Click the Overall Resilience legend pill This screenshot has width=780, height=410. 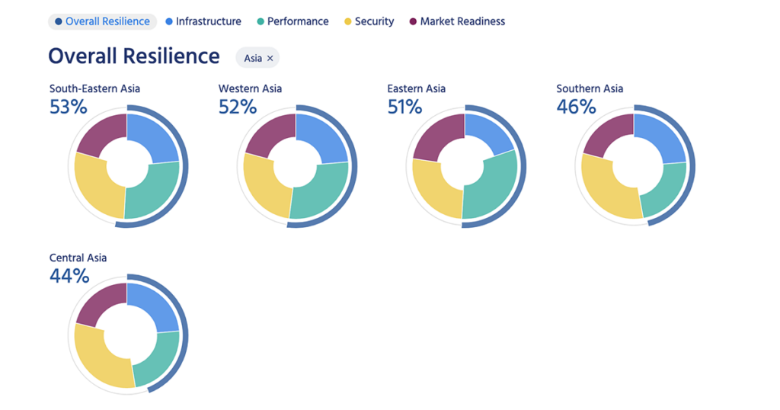[x=102, y=21]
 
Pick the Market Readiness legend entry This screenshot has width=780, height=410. [x=457, y=21]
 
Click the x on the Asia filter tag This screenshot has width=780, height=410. [x=270, y=58]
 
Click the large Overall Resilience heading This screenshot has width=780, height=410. [x=134, y=56]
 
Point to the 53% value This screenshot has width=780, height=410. [x=69, y=107]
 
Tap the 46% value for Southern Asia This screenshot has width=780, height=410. [x=576, y=107]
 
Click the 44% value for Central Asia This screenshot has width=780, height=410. [x=69, y=276]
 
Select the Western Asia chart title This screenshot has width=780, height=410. [x=250, y=88]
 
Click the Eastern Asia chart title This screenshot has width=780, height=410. [x=417, y=88]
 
